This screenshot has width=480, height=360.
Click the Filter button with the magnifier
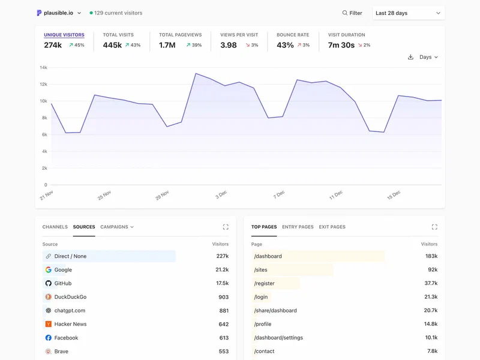click(352, 13)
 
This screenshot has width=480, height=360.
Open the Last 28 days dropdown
click(408, 13)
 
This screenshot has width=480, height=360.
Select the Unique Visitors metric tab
click(64, 35)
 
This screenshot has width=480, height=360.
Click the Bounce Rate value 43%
click(285, 45)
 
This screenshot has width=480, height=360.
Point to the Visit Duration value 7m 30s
click(341, 45)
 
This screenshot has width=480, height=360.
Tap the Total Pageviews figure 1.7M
click(167, 45)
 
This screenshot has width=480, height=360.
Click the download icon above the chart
click(410, 57)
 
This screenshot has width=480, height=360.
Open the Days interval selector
click(428, 57)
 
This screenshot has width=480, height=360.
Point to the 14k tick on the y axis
click(43, 68)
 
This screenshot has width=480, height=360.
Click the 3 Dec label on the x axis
click(221, 195)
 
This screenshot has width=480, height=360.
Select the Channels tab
click(55, 227)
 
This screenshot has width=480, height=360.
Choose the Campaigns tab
click(116, 227)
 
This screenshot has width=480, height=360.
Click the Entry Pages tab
click(298, 227)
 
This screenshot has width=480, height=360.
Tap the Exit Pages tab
click(332, 227)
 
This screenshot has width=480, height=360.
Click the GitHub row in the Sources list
click(62, 283)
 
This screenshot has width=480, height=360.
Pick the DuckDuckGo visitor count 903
click(223, 297)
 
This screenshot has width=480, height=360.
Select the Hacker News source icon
click(49, 324)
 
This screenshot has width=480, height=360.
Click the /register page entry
click(265, 283)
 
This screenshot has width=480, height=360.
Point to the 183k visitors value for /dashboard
click(431, 256)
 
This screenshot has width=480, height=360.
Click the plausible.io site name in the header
click(58, 13)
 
